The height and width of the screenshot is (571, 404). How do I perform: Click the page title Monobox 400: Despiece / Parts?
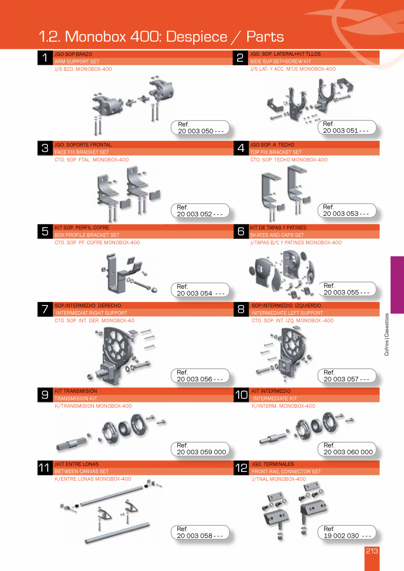pos(161,36)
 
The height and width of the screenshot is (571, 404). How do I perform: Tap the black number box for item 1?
pos(45,58)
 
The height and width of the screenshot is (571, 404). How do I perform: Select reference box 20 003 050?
pos(200,128)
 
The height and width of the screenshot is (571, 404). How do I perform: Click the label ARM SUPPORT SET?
pos(77,62)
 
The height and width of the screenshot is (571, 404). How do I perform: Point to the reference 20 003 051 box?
pos(346,127)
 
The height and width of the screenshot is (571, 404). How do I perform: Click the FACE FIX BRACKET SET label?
pos(82,152)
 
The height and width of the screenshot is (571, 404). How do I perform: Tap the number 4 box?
pos(241,148)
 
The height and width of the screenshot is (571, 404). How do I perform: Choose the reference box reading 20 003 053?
pos(346,210)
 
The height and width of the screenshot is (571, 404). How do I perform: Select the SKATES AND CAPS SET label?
pos(277,235)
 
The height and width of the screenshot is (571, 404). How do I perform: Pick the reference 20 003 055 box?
pos(346,289)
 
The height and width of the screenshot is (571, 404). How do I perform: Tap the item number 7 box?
pos(45,309)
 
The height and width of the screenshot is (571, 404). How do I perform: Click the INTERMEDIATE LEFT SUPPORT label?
pos(287,313)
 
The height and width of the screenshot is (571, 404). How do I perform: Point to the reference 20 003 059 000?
pos(200,449)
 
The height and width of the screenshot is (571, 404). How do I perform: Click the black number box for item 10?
pos(241,395)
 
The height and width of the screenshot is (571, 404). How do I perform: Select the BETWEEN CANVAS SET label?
pos(82,471)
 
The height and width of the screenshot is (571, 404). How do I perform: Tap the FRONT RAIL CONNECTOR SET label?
pos(286,471)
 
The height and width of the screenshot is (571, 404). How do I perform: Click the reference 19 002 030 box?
pos(346,532)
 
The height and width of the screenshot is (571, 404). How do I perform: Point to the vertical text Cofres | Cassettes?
pos(386,334)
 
